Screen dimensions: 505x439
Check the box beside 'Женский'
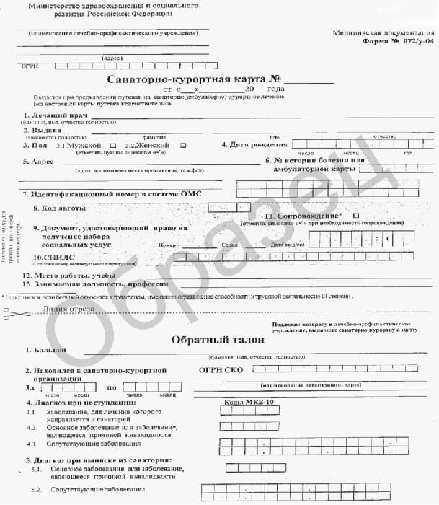[183, 145]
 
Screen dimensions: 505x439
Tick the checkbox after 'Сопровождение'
[355, 216]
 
